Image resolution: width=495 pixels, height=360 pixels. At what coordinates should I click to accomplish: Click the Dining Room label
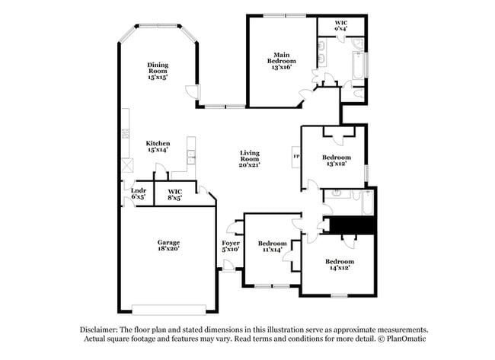tap(158, 71)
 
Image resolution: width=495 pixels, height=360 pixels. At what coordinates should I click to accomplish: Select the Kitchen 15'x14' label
tap(158, 147)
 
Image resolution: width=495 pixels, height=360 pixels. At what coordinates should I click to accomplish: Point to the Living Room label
tap(250, 158)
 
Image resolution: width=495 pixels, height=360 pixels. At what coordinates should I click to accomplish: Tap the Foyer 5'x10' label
tap(231, 246)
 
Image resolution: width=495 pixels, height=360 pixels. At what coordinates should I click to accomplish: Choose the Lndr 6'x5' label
tap(138, 193)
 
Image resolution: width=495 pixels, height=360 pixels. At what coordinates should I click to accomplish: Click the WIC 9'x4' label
tap(341, 26)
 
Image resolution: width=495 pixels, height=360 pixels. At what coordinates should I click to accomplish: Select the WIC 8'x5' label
tap(175, 194)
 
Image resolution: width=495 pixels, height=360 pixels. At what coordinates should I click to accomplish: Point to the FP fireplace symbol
tap(296, 157)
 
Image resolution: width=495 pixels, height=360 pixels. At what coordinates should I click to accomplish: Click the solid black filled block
tap(350, 226)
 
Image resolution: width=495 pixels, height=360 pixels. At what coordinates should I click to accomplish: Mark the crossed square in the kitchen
tap(125, 166)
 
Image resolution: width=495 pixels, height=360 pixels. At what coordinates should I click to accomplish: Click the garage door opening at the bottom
tap(169, 309)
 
